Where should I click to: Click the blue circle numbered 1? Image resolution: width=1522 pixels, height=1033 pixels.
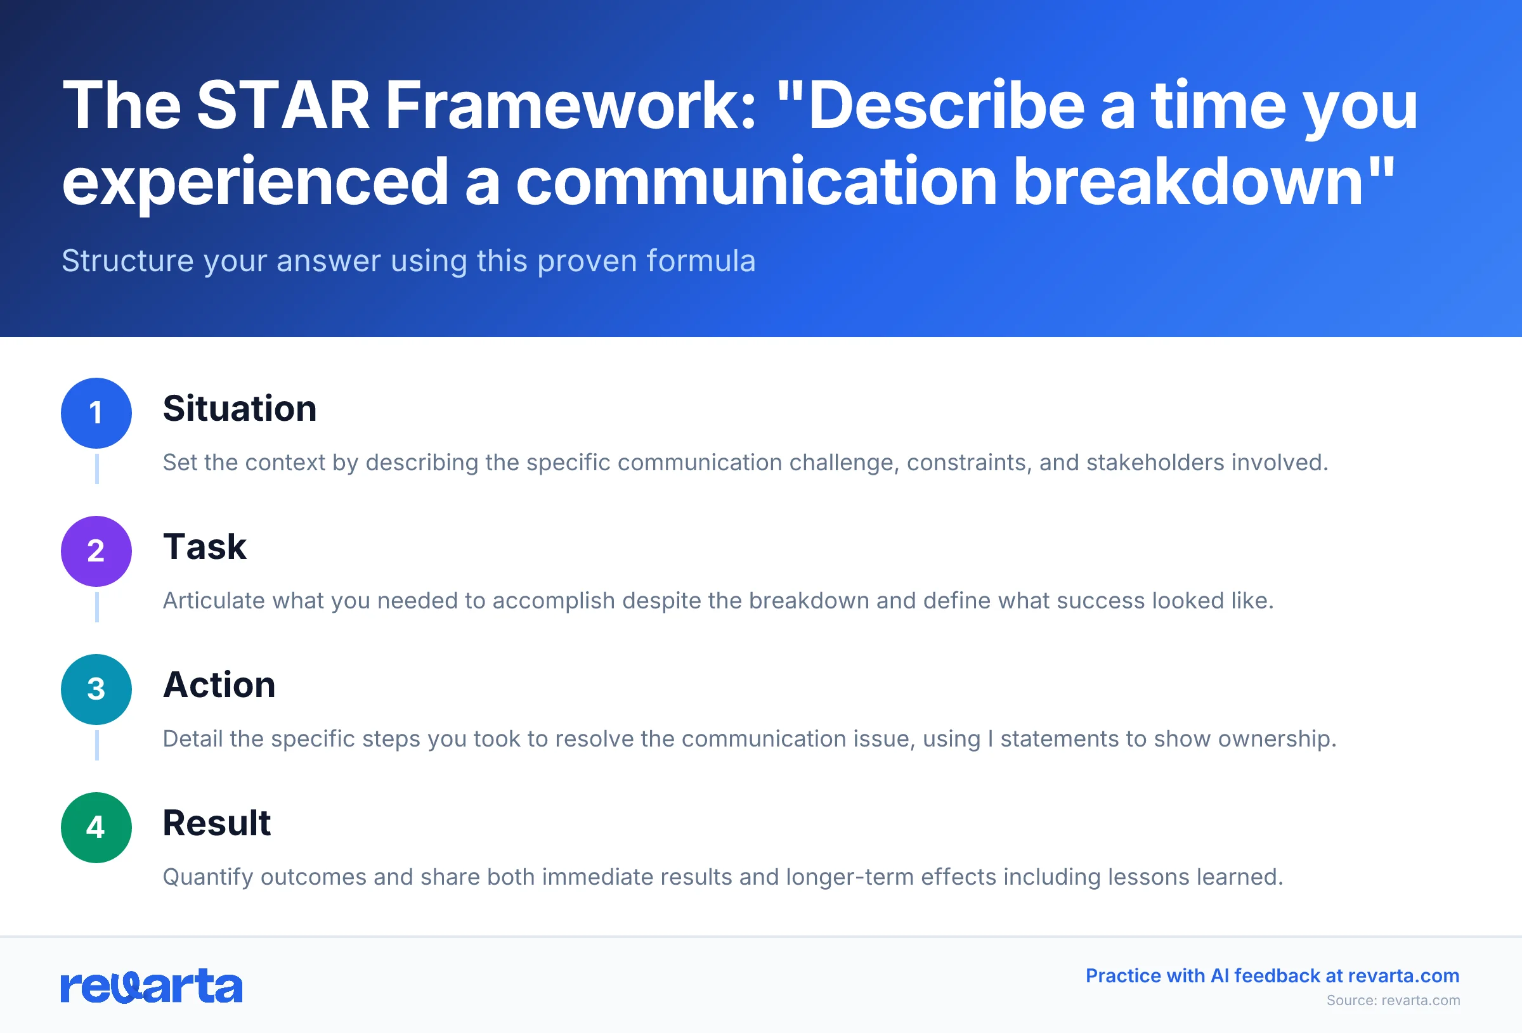96,413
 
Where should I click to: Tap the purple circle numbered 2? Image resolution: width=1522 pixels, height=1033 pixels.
96,551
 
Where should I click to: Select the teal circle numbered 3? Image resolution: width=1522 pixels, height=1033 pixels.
96,690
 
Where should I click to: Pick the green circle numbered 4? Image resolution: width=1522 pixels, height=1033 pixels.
96,828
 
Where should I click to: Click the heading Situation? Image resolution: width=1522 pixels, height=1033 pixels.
240,409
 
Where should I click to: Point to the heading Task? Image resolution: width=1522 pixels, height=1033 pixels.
204,548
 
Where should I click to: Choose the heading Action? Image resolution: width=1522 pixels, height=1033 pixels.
219,686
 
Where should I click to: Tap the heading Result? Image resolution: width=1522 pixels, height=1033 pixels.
216,823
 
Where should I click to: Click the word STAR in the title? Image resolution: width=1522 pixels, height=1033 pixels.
283,106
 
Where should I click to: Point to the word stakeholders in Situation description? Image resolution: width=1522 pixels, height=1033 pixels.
1155,463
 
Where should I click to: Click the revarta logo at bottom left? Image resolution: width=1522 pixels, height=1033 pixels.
152,986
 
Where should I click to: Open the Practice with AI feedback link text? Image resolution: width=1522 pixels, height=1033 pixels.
1272,976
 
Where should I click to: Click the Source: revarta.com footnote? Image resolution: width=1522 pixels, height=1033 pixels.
1393,1001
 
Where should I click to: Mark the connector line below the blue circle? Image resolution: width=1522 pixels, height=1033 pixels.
97,469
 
